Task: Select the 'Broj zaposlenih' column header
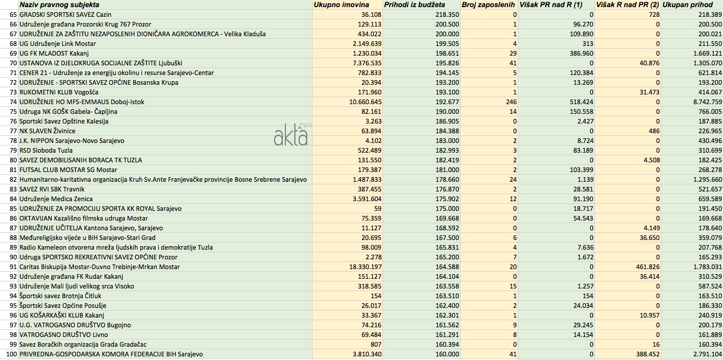489,5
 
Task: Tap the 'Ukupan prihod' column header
687,5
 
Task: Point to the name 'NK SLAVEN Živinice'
47,131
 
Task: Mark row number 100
11,354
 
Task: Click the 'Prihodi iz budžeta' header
414,5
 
